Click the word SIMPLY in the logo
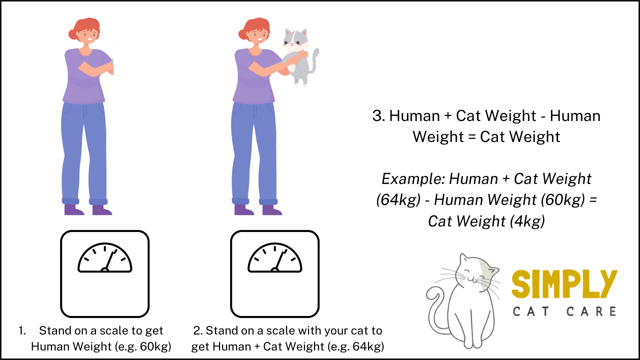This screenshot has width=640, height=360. coord(564,284)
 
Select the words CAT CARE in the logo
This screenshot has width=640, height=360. coord(564,311)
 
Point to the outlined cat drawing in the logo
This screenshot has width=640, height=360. coord(462,300)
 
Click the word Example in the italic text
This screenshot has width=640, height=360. coord(413,179)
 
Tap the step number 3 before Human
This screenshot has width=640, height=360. coord(378,116)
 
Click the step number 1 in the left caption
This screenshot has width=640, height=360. coord(22,331)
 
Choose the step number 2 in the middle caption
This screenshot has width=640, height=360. coord(197,331)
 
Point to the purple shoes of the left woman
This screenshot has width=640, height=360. coord(88,209)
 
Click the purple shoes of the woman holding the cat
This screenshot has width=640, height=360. coord(257,209)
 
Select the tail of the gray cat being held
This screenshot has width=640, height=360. coord(315,60)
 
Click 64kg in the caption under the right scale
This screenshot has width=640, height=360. coord(363,346)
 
